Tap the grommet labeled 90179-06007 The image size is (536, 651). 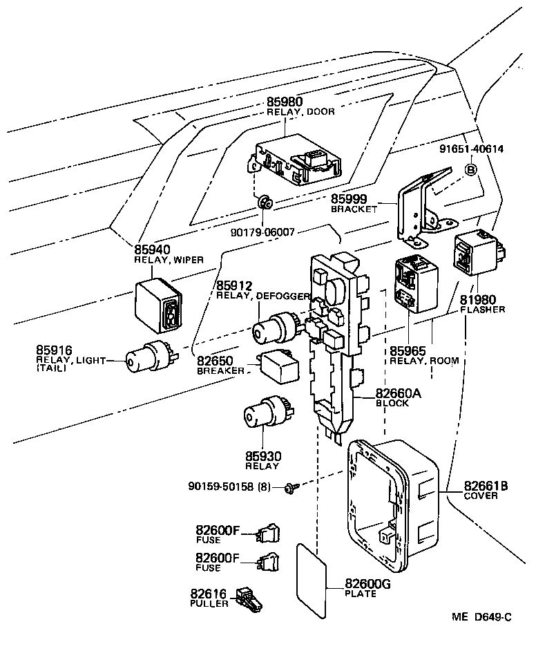[x=265, y=203]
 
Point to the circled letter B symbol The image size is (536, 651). [x=470, y=169]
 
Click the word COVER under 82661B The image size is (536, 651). [x=481, y=496]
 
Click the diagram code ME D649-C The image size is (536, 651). [x=482, y=616]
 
